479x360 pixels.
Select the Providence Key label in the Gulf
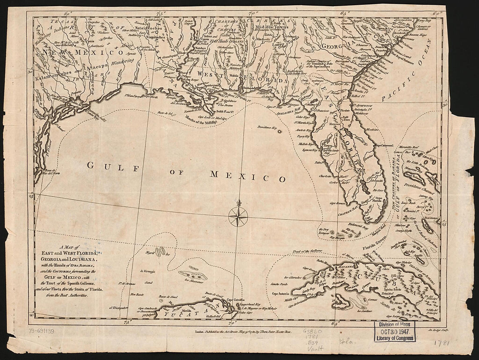pyautogui.click(x=267, y=128)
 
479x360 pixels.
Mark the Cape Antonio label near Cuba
pyautogui.click(x=282, y=293)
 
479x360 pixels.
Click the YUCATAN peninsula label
pyautogui.click(x=193, y=313)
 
